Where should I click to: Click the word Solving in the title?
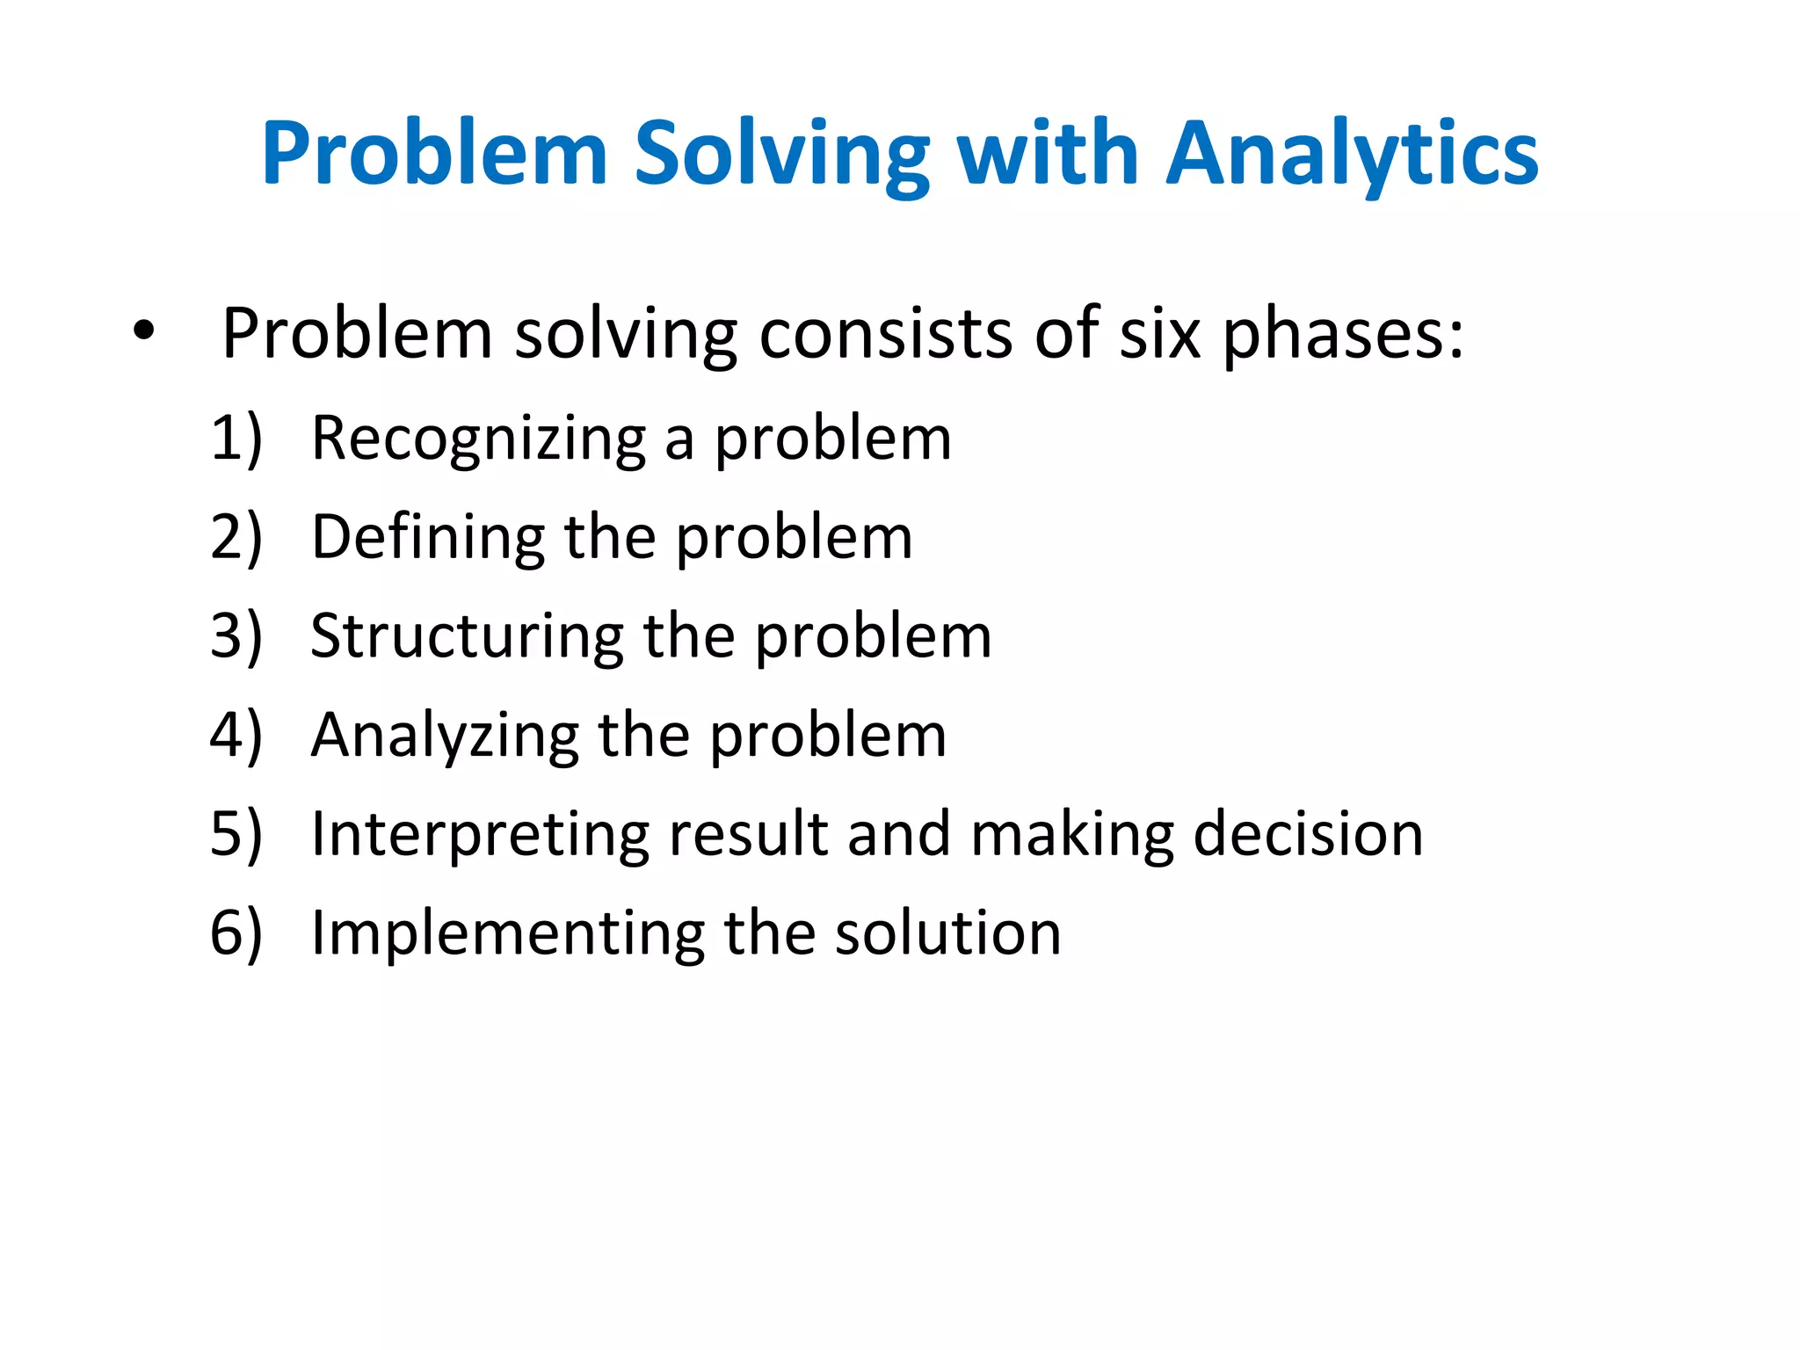[x=781, y=156]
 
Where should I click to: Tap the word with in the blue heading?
[x=1048, y=156]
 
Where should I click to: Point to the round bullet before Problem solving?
[x=143, y=332]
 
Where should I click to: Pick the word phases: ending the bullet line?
[x=1343, y=336]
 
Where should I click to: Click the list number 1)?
[x=236, y=438]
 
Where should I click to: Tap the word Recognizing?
[x=479, y=439]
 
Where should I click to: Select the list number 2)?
[x=236, y=537]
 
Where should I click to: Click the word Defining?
[x=428, y=538]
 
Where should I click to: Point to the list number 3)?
[x=236, y=635]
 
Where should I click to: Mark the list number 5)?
[x=236, y=834]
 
